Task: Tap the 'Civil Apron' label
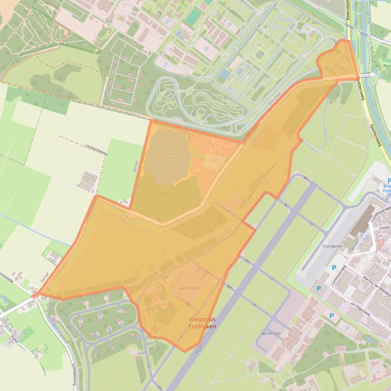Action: [332, 246]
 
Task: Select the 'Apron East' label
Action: [271, 333]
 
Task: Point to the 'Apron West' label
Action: [188, 288]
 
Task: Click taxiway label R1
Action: [306, 179]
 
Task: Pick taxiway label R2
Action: [286, 205]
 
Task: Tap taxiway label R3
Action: [247, 260]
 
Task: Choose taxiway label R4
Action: [230, 287]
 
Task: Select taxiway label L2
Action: [312, 224]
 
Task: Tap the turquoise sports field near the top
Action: [193, 18]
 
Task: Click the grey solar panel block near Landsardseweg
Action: [89, 179]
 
